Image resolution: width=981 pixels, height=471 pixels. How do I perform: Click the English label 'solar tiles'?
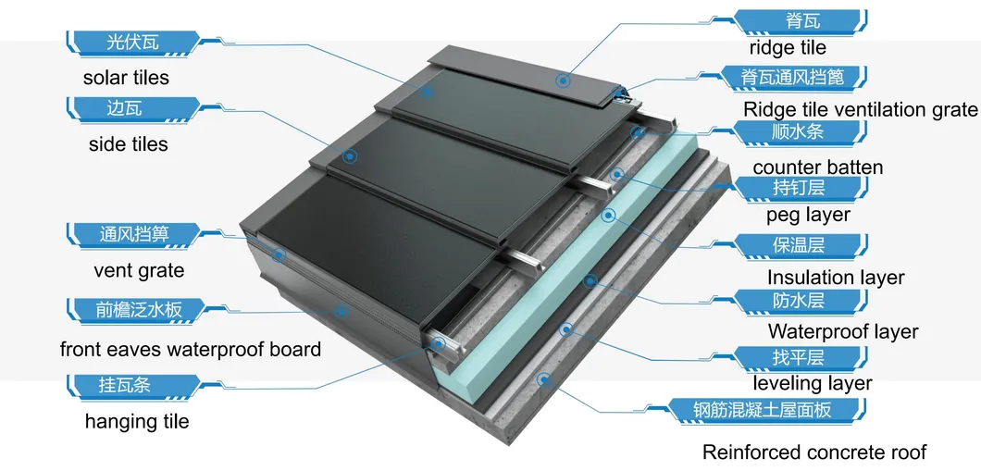(x=126, y=78)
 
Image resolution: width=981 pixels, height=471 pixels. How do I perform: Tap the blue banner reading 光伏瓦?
(x=132, y=43)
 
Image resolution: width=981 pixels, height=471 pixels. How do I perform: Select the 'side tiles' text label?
(x=129, y=143)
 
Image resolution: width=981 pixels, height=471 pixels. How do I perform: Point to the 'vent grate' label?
(x=139, y=271)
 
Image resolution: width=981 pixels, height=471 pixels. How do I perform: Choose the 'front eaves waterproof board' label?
(x=191, y=349)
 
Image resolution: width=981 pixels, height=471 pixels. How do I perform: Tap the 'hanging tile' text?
(x=137, y=421)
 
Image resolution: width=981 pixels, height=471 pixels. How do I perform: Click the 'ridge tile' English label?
(x=788, y=47)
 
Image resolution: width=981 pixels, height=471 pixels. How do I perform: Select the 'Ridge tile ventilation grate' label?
(x=861, y=109)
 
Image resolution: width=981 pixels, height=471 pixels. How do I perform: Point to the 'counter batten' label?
(x=818, y=167)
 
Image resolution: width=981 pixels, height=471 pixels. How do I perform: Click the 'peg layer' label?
(x=808, y=215)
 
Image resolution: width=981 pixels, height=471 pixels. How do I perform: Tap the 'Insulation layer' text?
(x=836, y=277)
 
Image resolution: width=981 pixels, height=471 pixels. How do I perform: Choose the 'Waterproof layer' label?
(x=843, y=331)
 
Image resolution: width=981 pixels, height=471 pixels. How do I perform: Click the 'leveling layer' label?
(x=812, y=382)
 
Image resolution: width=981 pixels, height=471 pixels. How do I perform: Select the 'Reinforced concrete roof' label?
(x=814, y=451)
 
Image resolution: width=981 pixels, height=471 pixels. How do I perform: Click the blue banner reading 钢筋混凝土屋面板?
(x=767, y=410)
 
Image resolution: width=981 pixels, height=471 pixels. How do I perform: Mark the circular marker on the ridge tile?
(x=563, y=80)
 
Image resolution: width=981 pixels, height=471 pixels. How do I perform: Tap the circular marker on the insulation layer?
(x=608, y=216)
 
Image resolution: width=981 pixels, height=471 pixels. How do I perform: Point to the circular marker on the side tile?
(x=351, y=155)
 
